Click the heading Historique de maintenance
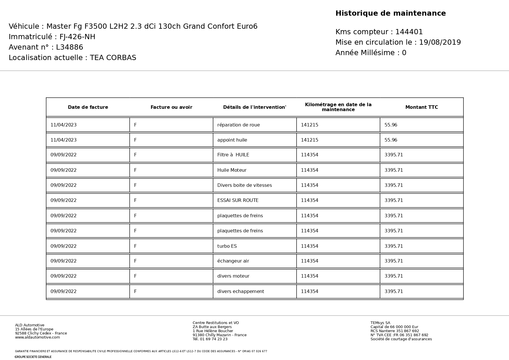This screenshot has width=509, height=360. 390,13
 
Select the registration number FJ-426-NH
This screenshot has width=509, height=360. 77,37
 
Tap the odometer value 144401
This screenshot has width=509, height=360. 409,32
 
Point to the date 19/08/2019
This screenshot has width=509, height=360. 440,42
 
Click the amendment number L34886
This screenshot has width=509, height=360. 70,47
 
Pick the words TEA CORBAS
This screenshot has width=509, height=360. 113,58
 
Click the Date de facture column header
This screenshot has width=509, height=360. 88,107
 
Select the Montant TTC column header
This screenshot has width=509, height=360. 421,107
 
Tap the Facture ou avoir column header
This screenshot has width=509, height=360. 171,107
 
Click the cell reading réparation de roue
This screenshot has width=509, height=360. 239,125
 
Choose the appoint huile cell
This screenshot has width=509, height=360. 232,140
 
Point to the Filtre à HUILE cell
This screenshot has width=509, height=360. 233,155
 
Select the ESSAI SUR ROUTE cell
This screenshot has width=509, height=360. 238,200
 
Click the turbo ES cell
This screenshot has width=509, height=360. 227,246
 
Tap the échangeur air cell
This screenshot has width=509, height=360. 233,261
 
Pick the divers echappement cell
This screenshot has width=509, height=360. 241,292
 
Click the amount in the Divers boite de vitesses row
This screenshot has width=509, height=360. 394,185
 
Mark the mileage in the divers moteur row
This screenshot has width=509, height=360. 309,276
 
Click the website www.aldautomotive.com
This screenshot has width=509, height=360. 37,337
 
